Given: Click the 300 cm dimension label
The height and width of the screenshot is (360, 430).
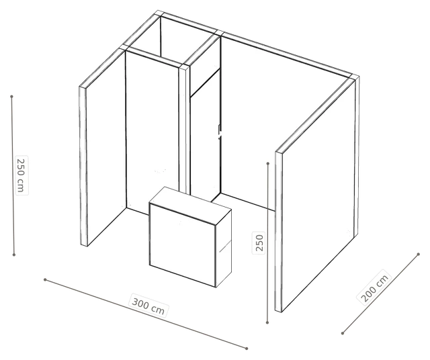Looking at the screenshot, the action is (x=148, y=306).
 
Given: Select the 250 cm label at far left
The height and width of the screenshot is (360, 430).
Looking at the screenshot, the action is (x=21, y=175).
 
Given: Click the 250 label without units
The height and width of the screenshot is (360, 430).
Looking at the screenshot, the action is (x=259, y=242).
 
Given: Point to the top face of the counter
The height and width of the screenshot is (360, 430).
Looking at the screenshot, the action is (x=190, y=201).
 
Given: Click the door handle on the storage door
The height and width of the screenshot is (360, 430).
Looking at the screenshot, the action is (x=220, y=132).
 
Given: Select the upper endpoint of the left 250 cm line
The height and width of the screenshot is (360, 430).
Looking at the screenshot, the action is (x=11, y=97).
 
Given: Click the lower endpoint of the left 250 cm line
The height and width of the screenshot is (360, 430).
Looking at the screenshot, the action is (x=13, y=255).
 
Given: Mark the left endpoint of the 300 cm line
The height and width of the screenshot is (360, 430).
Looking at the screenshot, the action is (x=45, y=279).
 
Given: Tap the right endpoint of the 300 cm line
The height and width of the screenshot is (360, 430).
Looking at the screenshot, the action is (x=247, y=349).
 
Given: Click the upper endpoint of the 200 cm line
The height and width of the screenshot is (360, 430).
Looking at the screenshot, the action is (x=418, y=254).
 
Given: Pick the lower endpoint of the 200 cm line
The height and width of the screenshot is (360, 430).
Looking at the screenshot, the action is (x=343, y=333).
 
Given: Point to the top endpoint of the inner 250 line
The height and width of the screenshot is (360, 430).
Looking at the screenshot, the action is (x=268, y=163).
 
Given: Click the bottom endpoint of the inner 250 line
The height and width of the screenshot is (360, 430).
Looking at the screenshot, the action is (x=267, y=322).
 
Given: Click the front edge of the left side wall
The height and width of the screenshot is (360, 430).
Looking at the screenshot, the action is (x=83, y=167).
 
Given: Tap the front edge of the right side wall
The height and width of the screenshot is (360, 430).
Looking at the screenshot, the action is (x=279, y=232).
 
